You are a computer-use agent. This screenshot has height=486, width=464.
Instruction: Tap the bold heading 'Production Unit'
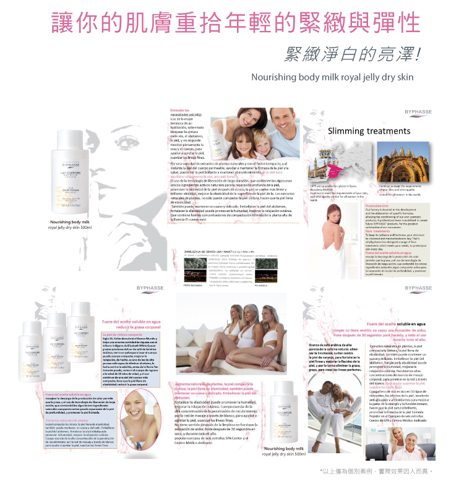click(377, 205)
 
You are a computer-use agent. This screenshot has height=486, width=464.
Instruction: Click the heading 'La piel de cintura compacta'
click(118, 335)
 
